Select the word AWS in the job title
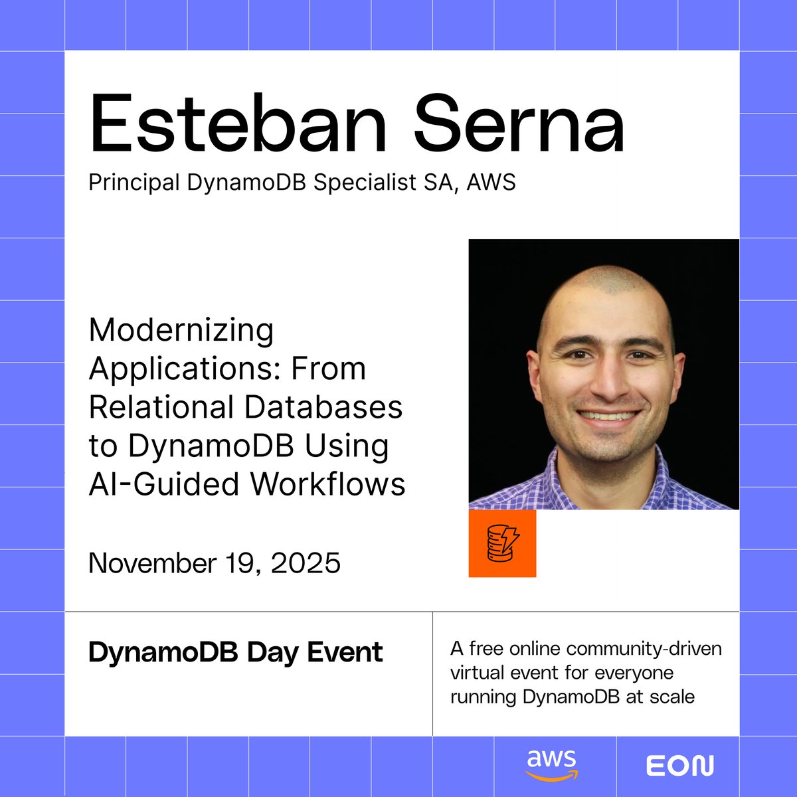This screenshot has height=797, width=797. pos(491,182)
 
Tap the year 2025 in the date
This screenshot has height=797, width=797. pos(306,563)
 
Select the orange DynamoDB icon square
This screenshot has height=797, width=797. pos(502,543)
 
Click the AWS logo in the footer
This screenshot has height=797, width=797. pos(552,766)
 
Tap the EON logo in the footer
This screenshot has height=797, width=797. pos(680,766)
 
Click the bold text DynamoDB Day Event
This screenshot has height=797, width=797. pos(235,652)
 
